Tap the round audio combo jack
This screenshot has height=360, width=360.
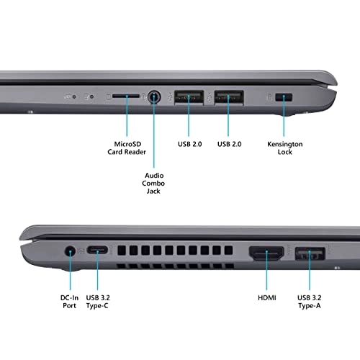[x=154, y=96]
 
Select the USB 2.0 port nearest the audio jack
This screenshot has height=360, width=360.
[x=189, y=96]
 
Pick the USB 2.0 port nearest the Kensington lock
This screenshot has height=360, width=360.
[x=229, y=96]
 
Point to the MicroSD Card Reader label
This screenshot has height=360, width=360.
[x=127, y=148]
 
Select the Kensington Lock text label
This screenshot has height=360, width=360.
[x=286, y=148]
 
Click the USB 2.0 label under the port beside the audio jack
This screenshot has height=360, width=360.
[x=189, y=144]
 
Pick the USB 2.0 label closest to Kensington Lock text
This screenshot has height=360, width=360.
[x=229, y=144]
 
